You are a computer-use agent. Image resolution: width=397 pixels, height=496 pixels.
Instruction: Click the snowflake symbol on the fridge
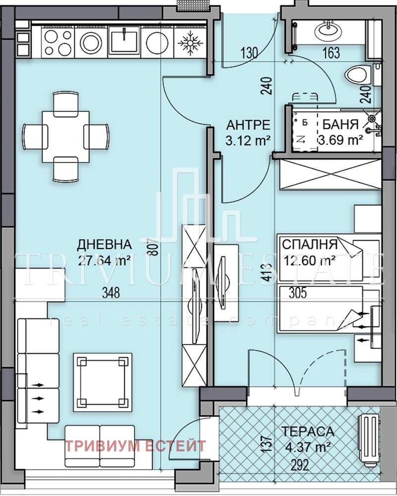click(x=190, y=42)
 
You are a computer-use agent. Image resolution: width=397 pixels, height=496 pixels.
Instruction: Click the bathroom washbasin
click(x=329, y=30)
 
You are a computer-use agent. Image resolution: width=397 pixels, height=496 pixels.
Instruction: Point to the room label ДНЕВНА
click(x=105, y=245)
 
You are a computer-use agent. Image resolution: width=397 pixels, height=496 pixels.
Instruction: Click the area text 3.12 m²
click(x=248, y=140)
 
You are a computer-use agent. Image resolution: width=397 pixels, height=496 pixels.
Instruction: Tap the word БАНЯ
click(x=340, y=124)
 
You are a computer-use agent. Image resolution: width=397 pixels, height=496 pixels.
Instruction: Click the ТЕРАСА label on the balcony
click(x=308, y=431)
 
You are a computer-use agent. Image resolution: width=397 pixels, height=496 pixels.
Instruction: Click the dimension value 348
click(x=111, y=293)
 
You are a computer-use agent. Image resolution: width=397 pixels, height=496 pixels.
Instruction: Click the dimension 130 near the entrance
click(x=249, y=53)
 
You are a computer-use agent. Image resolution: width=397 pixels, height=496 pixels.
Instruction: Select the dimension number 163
click(x=331, y=53)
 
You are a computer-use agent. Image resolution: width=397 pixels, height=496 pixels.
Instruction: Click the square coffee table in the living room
click(x=103, y=382)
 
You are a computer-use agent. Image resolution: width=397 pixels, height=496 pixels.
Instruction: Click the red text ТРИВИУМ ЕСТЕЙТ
click(x=135, y=446)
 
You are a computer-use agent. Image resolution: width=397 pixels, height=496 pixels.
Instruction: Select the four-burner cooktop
click(x=57, y=42)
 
